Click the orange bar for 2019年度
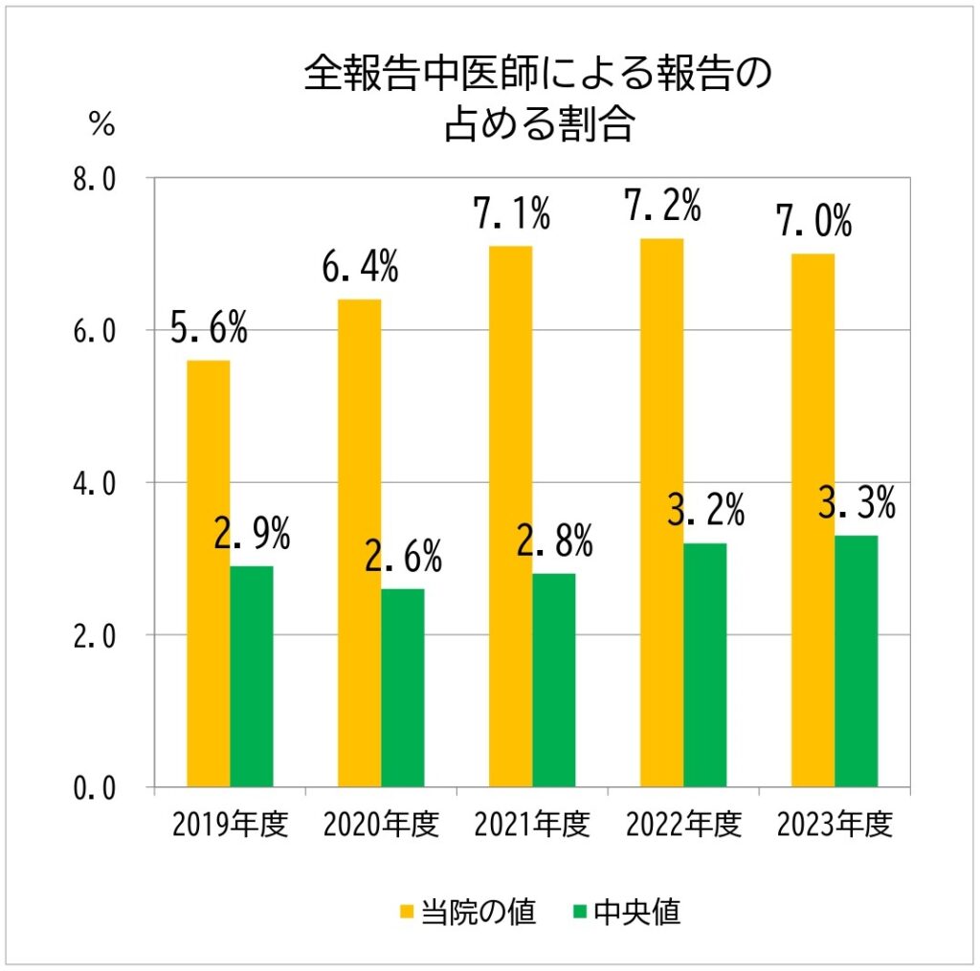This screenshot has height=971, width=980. click(x=208, y=573)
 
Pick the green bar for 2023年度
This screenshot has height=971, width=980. click(x=857, y=660)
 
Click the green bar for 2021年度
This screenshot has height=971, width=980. click(x=554, y=679)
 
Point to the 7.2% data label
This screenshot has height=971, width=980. click(x=662, y=205)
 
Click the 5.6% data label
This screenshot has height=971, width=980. click(x=209, y=328)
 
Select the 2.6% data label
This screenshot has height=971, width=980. click(x=403, y=556)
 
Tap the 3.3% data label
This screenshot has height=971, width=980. click(x=857, y=502)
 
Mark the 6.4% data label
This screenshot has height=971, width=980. click(x=360, y=268)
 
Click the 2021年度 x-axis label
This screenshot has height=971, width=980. click(x=532, y=825)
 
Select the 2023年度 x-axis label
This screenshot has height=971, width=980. click(x=835, y=825)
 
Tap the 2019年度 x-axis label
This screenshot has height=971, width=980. click(x=230, y=825)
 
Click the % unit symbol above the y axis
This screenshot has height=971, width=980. click(x=101, y=123)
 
